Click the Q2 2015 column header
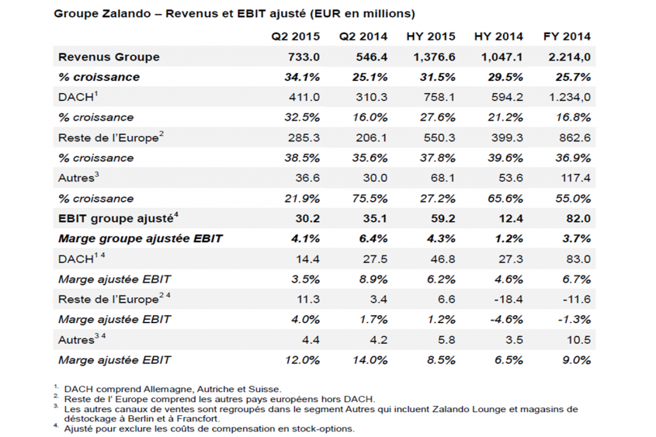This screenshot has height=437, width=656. point(295,36)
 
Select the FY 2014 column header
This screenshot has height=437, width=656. point(567,36)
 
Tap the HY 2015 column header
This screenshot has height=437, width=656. point(431,36)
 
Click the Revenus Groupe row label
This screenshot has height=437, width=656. point(109,57)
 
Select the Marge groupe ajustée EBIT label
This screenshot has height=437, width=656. point(141,239)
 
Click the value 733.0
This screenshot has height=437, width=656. point(304,57)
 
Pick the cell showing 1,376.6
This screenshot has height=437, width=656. point(434,57)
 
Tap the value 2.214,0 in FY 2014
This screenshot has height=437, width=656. point(569,57)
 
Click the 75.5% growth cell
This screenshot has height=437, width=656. point(370,198)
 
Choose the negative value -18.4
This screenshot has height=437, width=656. point(507,300)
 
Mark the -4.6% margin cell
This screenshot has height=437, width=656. point(506,320)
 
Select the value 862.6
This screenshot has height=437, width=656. point(574,137)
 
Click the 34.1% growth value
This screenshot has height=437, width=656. point(302,77)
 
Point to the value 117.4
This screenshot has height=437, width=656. point(576,179)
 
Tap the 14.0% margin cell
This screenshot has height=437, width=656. point(370,360)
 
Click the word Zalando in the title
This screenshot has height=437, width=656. point(126,13)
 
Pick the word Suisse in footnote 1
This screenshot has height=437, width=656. point(265,390)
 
